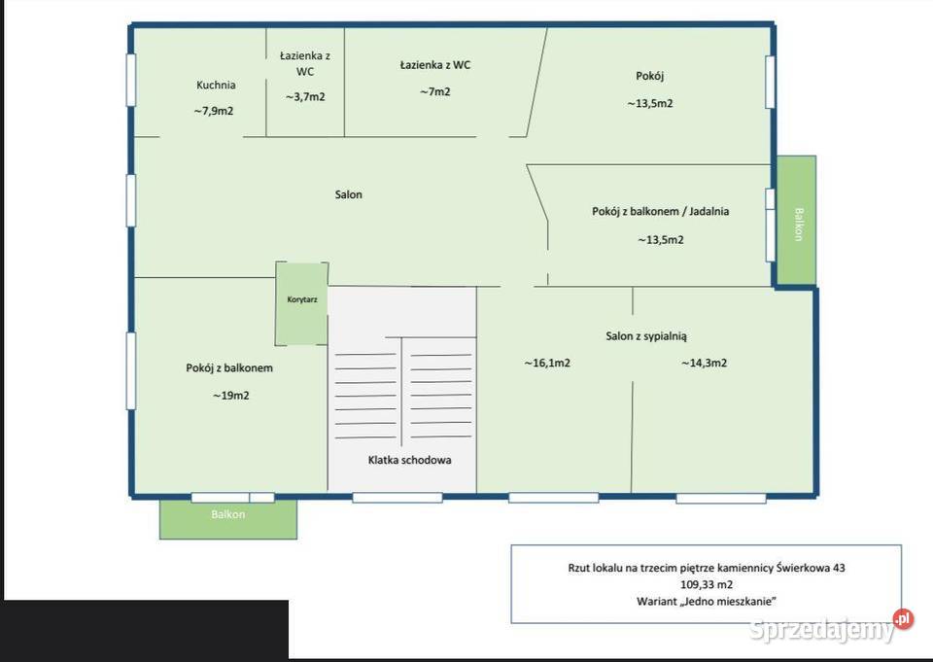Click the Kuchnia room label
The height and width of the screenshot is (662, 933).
[x=216, y=86]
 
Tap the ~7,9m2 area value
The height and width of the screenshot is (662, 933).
[x=214, y=111]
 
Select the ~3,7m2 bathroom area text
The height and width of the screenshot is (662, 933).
[x=305, y=96]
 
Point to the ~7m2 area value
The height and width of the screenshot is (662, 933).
[x=435, y=91]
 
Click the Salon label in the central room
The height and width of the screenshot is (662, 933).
[x=348, y=194]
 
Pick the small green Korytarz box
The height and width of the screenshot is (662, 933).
[x=301, y=303]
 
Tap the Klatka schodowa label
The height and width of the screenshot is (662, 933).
[x=409, y=460]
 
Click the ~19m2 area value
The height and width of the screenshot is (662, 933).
[x=231, y=396]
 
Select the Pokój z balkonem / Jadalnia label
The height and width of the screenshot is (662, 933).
[x=661, y=211]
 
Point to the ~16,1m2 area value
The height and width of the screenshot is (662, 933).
[x=547, y=363]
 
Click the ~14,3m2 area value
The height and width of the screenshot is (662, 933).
[x=704, y=363]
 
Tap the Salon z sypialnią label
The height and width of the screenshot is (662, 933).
[x=646, y=336]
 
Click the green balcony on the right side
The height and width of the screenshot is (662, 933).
[x=797, y=221]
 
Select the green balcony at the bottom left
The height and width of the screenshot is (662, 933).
[x=227, y=519]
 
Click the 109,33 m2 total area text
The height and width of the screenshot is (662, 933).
[x=707, y=584]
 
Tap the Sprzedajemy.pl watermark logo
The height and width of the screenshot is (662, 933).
[x=831, y=627]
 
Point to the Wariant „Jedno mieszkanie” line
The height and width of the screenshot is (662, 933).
[x=707, y=602]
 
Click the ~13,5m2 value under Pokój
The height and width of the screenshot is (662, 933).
[x=650, y=104]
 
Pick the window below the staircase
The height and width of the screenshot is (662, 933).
[x=397, y=498]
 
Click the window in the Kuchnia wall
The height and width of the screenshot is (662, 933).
[x=131, y=81]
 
